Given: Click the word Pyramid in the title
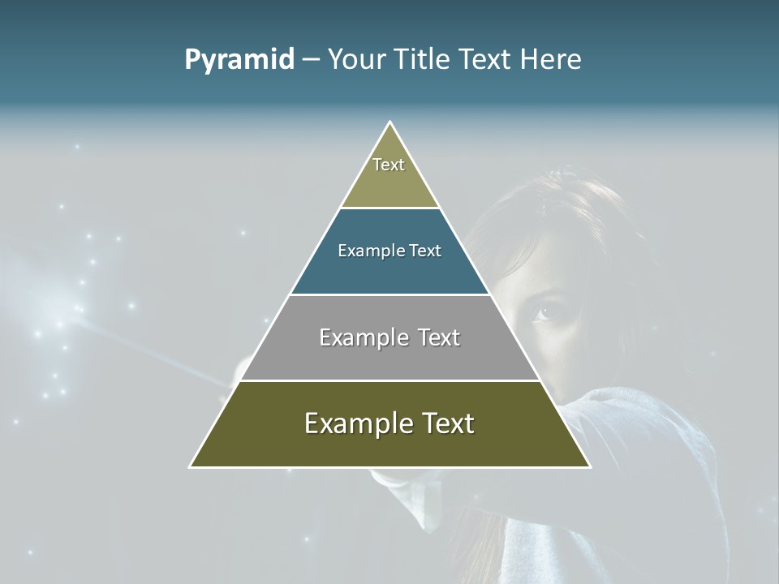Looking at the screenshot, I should pos(239,60).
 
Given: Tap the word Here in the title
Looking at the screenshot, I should pos(550,60).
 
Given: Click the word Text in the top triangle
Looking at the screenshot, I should pos(389,165).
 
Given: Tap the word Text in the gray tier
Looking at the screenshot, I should pos(433,337).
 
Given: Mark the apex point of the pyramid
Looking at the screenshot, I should pos(390,122).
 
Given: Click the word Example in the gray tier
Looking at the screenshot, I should pos(360,337).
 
